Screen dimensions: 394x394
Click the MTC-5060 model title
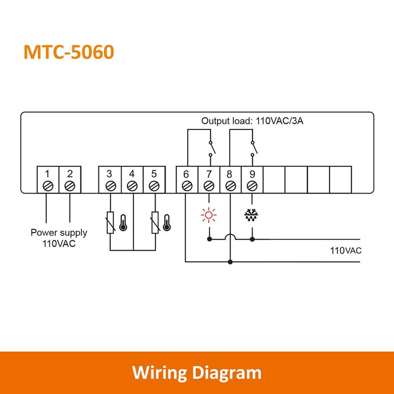click(x=68, y=52)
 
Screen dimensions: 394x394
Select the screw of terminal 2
click(x=69, y=186)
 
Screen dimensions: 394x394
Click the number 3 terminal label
click(x=109, y=173)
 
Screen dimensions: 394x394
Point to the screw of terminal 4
click(x=131, y=186)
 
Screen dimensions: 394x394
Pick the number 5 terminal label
click(x=154, y=173)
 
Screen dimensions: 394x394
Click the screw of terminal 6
click(x=186, y=186)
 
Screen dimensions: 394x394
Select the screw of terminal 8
click(x=230, y=186)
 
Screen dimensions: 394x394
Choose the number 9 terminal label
click(x=252, y=173)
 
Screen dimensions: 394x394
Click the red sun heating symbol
click(x=210, y=215)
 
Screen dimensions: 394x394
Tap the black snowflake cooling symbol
click(x=252, y=215)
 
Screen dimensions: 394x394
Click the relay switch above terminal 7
click(x=210, y=146)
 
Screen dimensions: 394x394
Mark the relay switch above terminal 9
click(x=253, y=146)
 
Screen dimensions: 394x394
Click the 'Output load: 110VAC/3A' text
click(x=252, y=121)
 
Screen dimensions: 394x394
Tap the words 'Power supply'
click(x=59, y=232)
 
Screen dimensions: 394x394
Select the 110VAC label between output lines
click(x=346, y=250)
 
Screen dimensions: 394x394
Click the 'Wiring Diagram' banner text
click(x=197, y=372)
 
